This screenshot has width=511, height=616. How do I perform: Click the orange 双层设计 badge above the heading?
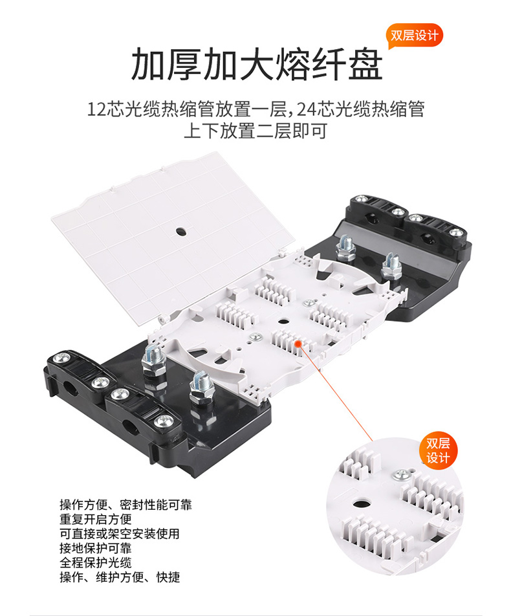click(415, 36)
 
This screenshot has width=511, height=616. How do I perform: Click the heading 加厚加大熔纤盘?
click(257, 64)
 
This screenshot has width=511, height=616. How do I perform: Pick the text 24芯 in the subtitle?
click(313, 109)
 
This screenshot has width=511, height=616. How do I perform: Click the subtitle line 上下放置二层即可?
click(255, 131)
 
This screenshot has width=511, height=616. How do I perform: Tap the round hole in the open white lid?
click(181, 232)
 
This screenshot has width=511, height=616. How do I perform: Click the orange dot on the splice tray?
click(298, 344)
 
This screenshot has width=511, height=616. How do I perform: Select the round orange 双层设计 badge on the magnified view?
click(439, 450)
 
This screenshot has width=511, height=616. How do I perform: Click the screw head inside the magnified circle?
click(402, 474)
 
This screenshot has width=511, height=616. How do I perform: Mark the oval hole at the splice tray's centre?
click(283, 322)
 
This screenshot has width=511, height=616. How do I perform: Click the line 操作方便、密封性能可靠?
click(125, 505)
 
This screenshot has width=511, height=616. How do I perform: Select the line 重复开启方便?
click(96, 520)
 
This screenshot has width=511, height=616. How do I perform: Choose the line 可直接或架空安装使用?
click(120, 534)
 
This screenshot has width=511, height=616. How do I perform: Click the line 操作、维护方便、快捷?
click(120, 577)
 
